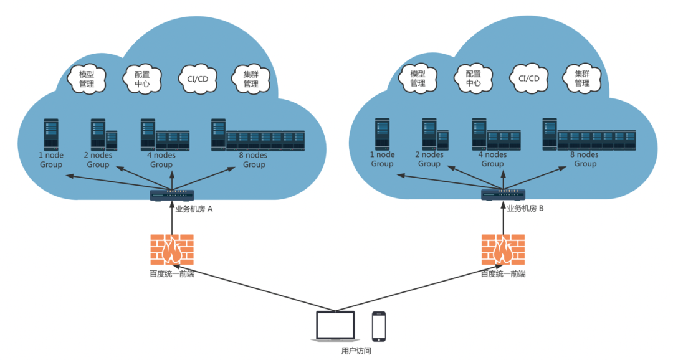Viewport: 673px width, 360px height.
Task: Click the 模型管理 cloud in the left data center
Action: pos(86,79)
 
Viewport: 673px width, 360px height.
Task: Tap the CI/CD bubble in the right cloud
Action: pos(529,78)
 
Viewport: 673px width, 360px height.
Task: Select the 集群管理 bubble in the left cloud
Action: pos(251,79)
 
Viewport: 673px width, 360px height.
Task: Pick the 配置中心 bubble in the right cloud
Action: pos(473,78)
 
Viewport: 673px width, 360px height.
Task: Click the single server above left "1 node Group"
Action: pos(51,135)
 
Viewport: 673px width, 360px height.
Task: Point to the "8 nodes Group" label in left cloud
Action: pos(254,159)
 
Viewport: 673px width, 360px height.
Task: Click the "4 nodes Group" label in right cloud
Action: pos(492,159)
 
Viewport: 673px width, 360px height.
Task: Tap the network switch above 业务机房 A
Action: pos(172,195)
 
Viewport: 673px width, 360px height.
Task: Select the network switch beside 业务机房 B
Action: pos(503,195)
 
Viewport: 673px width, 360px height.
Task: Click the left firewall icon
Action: pos(172,249)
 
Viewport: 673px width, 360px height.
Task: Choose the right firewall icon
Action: pos(503,249)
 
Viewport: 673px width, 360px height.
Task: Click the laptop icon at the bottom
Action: pos(336,326)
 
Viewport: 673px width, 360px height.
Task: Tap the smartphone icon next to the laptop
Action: pos(379,326)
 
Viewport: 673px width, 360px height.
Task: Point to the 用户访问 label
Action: pos(356,351)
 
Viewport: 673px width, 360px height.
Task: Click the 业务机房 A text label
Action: pos(194,209)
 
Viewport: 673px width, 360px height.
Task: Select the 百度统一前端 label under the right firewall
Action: pos(503,274)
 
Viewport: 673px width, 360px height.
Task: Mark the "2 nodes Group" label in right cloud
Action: pos(429,159)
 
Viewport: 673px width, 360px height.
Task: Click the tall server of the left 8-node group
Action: pos(219,135)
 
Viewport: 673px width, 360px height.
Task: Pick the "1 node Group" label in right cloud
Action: pos(382,159)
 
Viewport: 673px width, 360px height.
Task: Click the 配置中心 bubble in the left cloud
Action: pos(142,79)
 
